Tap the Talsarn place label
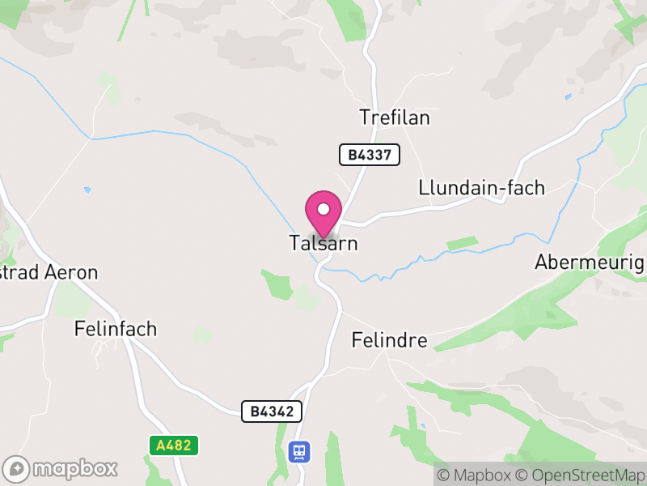point(323,243)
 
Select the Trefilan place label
point(395,118)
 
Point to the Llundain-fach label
point(482,188)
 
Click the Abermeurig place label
point(590,262)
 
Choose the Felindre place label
point(390,340)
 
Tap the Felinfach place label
point(116,329)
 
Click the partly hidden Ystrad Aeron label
point(49,272)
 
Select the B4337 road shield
point(370,155)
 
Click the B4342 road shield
point(272,411)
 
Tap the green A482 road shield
point(174,446)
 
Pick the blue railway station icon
point(299,451)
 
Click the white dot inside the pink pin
point(323,209)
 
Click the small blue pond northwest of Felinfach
point(87,190)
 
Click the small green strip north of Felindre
point(462,242)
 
